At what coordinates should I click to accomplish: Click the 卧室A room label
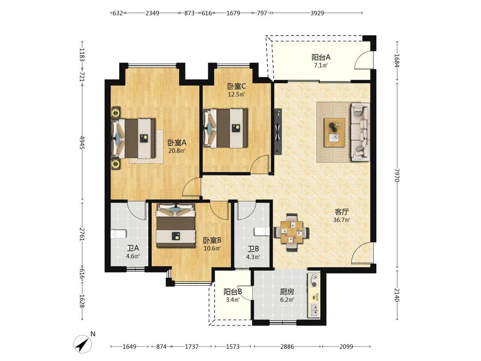coord(177,143)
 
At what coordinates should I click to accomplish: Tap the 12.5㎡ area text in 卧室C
coord(236,95)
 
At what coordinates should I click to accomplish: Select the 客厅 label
coord(342,212)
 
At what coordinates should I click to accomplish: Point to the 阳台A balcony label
coord(321,57)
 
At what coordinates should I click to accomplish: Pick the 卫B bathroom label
coord(254,249)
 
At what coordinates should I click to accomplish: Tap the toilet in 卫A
coord(118,234)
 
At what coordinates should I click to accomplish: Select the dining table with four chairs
coord(291,232)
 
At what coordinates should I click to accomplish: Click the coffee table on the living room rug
coord(334,132)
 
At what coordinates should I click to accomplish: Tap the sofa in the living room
coord(360,132)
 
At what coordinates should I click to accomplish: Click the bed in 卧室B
coord(176,225)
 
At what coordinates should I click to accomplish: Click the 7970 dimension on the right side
coord(397,175)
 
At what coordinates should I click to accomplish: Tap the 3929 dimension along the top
coord(317,13)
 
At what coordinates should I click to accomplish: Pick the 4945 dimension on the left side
coord(82,142)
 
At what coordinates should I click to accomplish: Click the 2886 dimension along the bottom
coord(287,346)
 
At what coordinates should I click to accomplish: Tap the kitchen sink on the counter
coord(314,311)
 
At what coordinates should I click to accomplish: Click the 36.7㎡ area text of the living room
coord(342,220)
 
